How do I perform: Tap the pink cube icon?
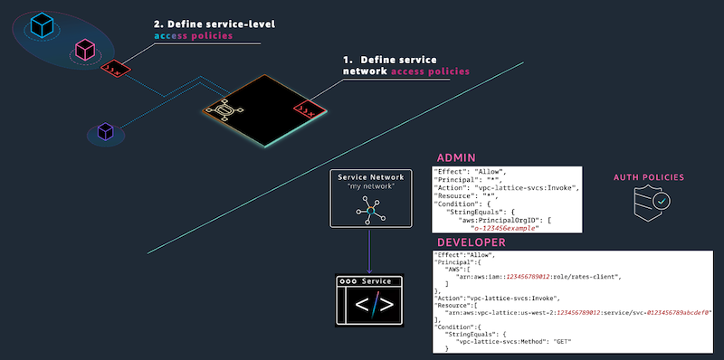pyautogui.click(x=84, y=49)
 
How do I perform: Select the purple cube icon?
pyautogui.click(x=105, y=133)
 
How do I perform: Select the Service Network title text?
pyautogui.click(x=371, y=177)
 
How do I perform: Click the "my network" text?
pyautogui.click(x=371, y=187)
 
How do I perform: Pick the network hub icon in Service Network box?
pyautogui.click(x=371, y=210)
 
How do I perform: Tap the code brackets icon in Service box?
pyautogui.click(x=371, y=306)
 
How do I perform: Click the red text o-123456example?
pyautogui.click(x=498, y=228)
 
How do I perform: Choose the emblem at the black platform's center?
pyautogui.click(x=224, y=111)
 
